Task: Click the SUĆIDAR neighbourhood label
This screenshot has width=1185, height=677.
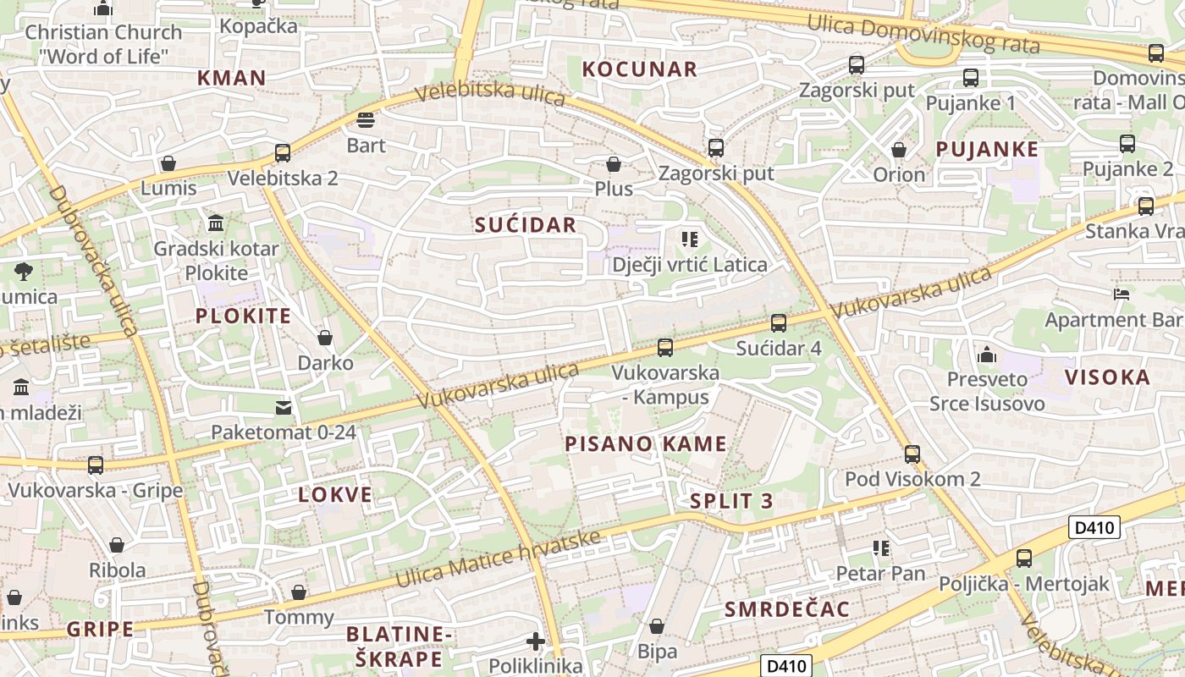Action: click(525, 225)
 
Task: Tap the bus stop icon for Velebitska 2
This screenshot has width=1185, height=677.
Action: click(283, 153)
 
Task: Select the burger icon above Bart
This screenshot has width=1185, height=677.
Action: click(366, 120)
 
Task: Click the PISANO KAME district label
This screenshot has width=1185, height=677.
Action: click(645, 444)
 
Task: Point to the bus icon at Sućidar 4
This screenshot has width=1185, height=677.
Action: click(779, 323)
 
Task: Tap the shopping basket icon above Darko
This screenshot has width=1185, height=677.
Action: click(325, 338)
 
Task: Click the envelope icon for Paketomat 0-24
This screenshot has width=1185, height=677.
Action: click(284, 408)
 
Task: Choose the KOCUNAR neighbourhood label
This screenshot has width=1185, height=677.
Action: click(640, 69)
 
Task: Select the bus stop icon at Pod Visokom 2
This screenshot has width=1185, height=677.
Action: click(912, 454)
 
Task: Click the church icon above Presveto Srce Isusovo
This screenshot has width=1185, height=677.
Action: click(986, 355)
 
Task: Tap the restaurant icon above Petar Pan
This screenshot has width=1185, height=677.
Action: click(881, 548)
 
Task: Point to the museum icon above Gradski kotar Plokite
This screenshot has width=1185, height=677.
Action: click(216, 224)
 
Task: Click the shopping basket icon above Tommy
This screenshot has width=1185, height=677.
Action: click(298, 592)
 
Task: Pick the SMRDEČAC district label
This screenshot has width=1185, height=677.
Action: click(787, 609)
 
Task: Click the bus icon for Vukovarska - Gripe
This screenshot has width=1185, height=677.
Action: click(96, 465)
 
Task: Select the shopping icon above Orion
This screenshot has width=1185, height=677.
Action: click(899, 150)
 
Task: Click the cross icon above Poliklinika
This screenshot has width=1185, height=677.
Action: click(535, 641)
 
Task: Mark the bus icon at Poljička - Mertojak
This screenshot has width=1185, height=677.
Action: click(1024, 559)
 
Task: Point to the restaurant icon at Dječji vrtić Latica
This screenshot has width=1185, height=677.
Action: click(690, 239)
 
